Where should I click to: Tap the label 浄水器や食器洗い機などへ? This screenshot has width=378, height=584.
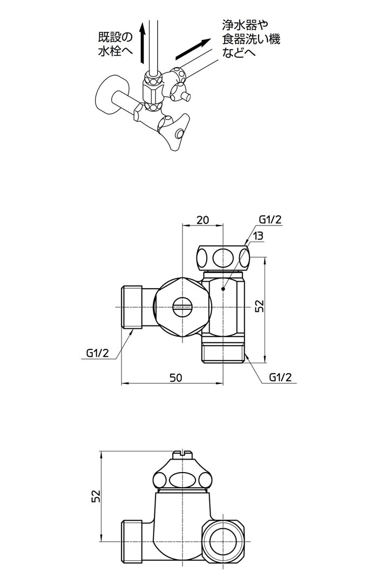[251, 39]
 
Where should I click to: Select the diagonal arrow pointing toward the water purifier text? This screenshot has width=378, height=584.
[192, 49]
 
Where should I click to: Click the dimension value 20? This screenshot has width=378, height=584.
[202, 220]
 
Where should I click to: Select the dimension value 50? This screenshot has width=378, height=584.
[175, 377]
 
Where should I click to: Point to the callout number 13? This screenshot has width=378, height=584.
[258, 236]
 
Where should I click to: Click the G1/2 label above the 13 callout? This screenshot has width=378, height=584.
[270, 220]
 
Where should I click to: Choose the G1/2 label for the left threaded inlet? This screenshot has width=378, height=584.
[98, 353]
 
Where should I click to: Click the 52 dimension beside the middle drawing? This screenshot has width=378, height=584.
[259, 307]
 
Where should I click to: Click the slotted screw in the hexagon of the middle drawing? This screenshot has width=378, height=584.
[183, 307]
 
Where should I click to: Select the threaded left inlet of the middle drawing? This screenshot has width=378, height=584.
[131, 307]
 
